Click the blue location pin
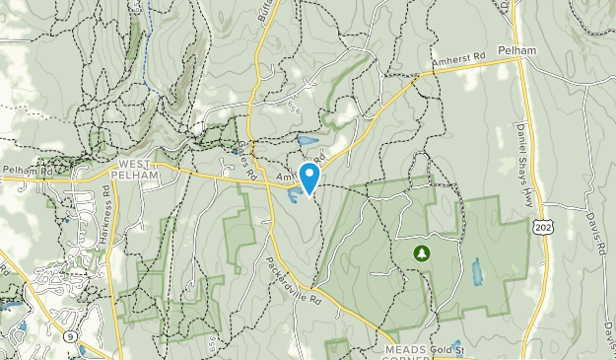tap(309, 179)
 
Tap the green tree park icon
tap(422, 253)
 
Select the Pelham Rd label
tap(27, 171)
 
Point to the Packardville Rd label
tap(293, 280)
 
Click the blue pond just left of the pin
tap(295, 194)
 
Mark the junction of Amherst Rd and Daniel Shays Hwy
tap(519, 59)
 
